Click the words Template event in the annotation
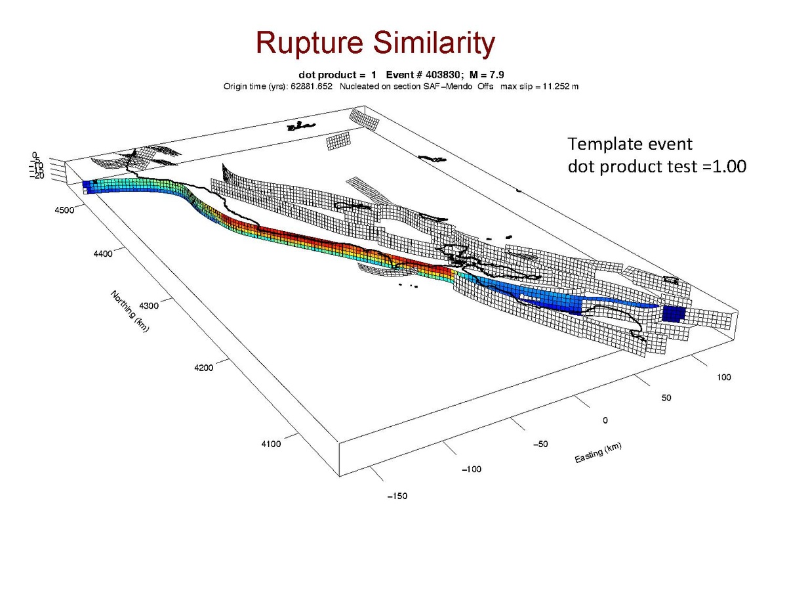tap(630, 144)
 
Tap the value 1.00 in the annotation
tap(727, 167)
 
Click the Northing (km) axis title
tap(131, 311)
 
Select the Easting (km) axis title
tap(598, 452)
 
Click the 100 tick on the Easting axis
tap(723, 377)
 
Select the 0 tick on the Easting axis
tap(605, 420)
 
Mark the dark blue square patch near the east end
tap(673, 313)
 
